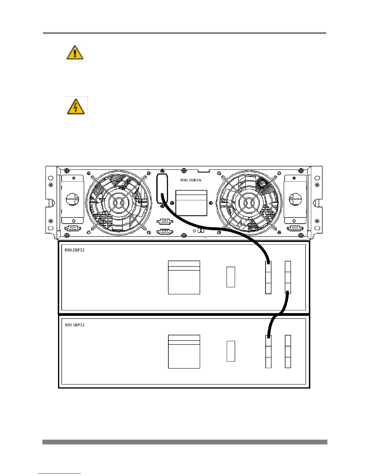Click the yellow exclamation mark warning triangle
75,53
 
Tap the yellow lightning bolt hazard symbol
75,107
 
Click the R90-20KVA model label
191,180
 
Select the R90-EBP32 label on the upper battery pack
75,250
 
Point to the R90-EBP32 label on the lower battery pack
75,325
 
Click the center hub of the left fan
118,203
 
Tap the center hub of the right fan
249,203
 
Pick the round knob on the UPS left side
72,199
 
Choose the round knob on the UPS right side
295,199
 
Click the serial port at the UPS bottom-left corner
72,228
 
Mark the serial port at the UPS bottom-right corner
295,228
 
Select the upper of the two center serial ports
165,222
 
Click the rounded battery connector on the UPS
162,188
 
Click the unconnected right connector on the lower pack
288,352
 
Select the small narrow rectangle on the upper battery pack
231,277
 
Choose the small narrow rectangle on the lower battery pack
231,351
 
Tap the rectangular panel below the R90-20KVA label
192,203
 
